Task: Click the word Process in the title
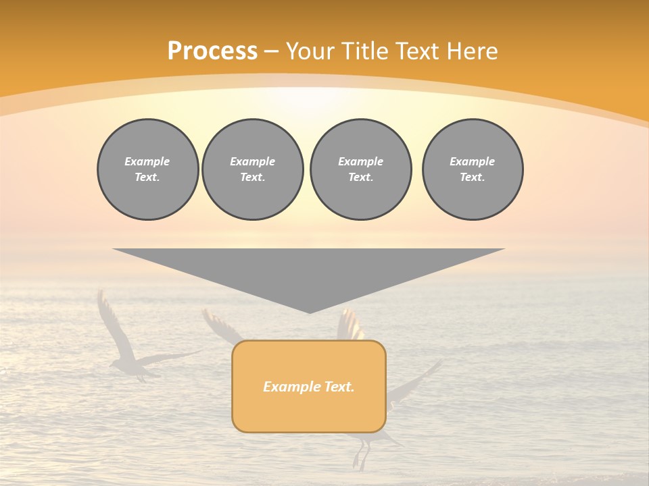[212, 51]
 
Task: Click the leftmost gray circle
[147, 169]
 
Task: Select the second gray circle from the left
[252, 169]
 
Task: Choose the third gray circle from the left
[360, 169]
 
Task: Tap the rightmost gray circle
[473, 169]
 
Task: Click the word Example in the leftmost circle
[147, 161]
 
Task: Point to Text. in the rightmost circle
[473, 178]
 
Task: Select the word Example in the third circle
[360, 161]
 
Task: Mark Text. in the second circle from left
[252, 178]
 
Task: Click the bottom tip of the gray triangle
[309, 311]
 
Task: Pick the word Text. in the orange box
[339, 387]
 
